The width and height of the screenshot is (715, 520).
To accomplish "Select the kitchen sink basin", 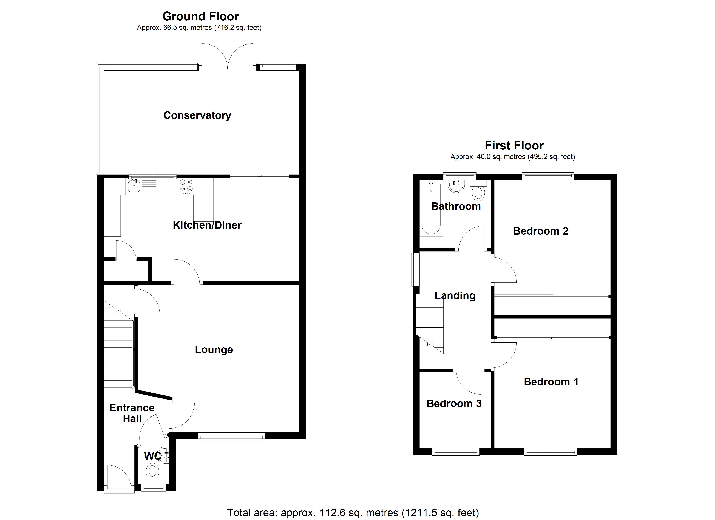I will pos(134,186).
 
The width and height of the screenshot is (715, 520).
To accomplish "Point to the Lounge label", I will pos(214,349).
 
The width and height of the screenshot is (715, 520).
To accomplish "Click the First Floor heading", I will pos(514,145).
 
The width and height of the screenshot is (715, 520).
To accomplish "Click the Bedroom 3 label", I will pos(454,404).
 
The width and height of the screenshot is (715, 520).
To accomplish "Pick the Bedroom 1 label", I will pos(551,382).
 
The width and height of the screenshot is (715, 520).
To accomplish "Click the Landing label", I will pos(455,296).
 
